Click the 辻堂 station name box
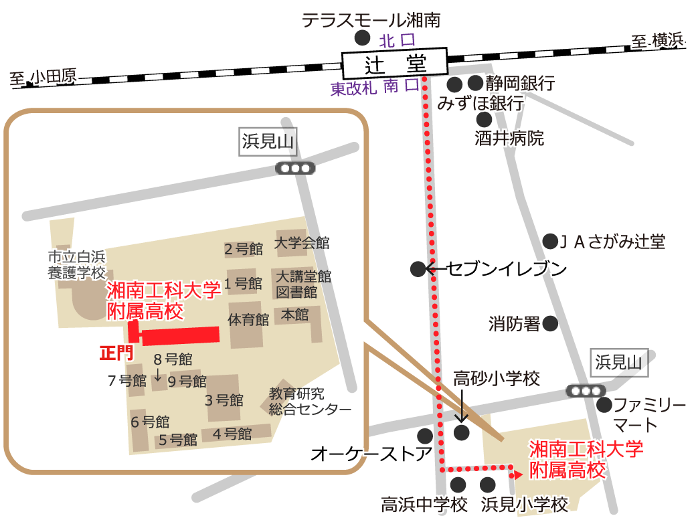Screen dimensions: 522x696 coord(395,64)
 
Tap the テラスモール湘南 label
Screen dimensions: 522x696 coord(371,21)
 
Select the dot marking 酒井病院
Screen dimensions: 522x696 coord(484,120)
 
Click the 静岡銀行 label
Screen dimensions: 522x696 coord(521,84)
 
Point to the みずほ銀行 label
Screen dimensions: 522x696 coord(480,104)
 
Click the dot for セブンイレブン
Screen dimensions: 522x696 coord(418,269)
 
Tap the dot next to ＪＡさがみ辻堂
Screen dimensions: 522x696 coord(550,241)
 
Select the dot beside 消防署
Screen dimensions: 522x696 coord(550,324)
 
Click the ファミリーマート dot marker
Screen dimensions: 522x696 coord(604,404)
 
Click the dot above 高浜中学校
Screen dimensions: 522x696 coord(458,485)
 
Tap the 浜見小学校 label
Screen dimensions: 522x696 coord(525,505)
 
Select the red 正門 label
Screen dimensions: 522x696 coord(117,353)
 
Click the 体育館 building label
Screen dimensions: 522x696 coord(248,319)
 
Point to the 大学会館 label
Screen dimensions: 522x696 coord(302,243)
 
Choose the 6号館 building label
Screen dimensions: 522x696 coord(150,422)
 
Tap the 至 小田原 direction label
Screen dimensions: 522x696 coord(43,78)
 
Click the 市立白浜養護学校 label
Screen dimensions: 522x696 coord(77,264)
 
